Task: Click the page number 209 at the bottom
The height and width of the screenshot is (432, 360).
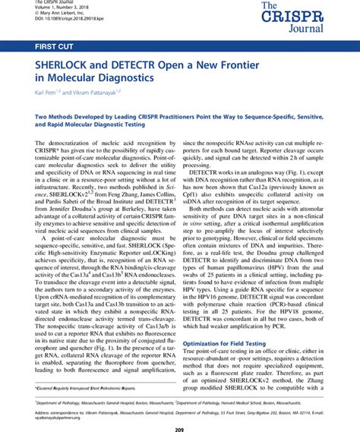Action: (180, 424)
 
